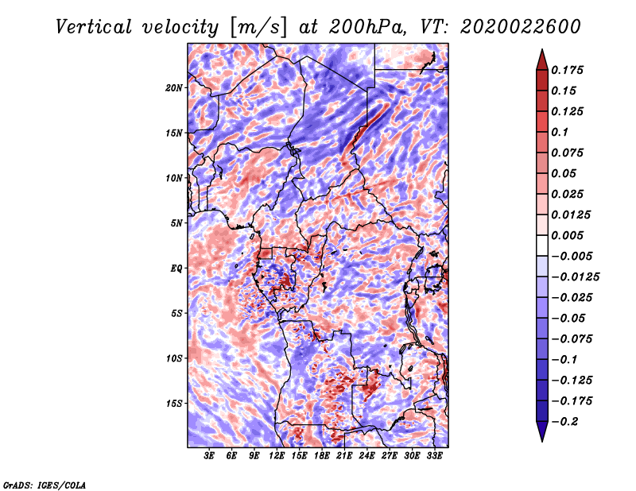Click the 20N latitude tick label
tap(174, 87)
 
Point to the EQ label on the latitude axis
tap(176, 269)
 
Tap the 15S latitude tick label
tap(174, 404)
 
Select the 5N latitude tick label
tap(176, 223)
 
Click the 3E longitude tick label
tap(209, 456)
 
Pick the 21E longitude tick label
tap(344, 456)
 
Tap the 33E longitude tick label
tap(434, 456)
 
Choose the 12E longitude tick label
tap(277, 456)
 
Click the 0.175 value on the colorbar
tap(567, 70)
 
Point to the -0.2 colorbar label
tap(564, 422)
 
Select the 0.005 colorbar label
tap(567, 235)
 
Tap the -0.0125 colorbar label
tap(575, 277)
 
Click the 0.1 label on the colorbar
tap(560, 132)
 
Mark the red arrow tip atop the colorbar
tap(542, 49)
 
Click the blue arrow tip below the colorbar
tap(542, 441)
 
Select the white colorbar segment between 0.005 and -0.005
tap(542, 246)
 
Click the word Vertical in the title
tap(94, 27)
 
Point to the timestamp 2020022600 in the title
tap(521, 27)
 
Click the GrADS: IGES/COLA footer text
tap(45, 485)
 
